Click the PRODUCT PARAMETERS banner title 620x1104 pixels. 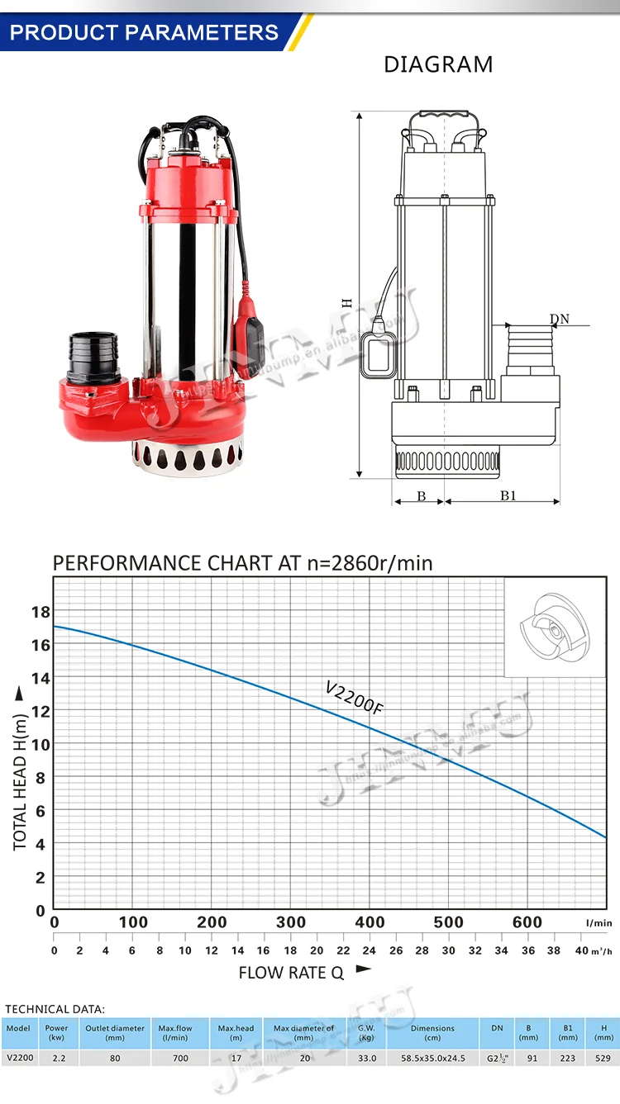point(145,33)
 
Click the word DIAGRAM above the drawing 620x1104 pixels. point(438,64)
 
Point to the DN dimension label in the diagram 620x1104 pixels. point(560,320)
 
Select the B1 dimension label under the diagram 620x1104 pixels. point(508,495)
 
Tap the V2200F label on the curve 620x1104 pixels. point(355,699)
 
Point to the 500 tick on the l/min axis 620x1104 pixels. point(449,922)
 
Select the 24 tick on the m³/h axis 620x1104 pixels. point(370,950)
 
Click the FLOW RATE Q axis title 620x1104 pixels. point(291,973)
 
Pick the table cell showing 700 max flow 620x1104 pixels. point(180,1058)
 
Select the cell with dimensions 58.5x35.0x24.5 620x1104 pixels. point(432,1058)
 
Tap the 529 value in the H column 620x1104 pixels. point(602,1058)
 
